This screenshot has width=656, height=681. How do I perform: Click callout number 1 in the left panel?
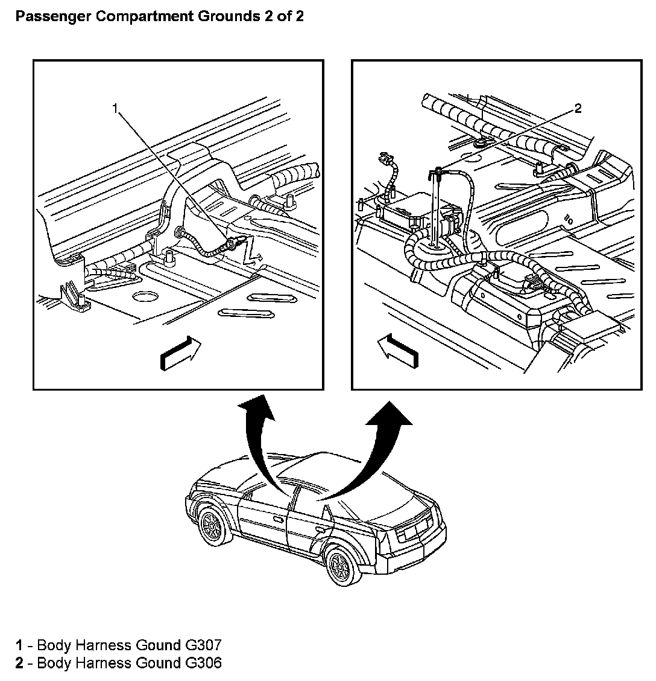pyautogui.click(x=115, y=109)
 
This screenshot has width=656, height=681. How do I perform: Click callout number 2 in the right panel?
pyautogui.click(x=578, y=109)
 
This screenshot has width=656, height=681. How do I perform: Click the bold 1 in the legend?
pyautogui.click(x=19, y=645)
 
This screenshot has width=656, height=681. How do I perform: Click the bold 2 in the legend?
pyautogui.click(x=19, y=663)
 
